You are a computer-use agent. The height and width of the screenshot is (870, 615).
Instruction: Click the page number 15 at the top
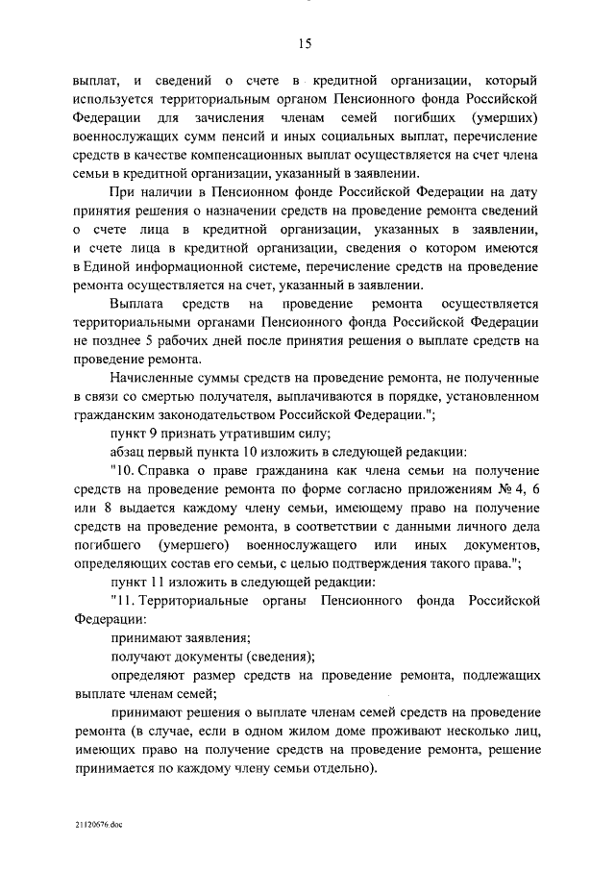click(x=307, y=42)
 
